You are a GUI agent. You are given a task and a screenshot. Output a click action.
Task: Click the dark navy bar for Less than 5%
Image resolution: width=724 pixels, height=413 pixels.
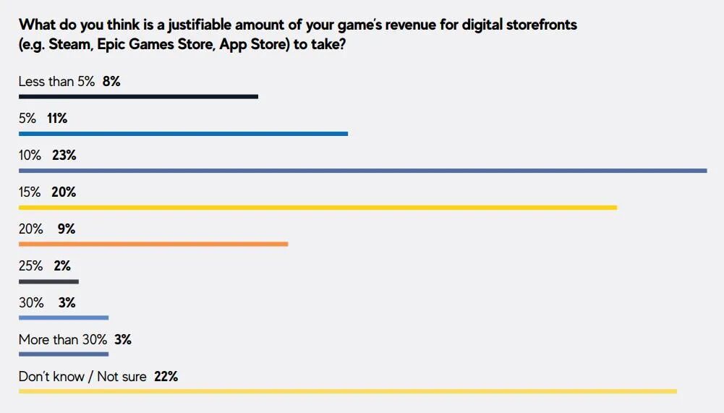(x=138, y=96)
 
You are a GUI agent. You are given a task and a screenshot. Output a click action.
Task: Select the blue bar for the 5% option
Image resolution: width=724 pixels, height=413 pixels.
(x=183, y=133)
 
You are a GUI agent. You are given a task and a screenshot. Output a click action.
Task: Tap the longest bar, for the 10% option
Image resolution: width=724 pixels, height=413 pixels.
(x=362, y=171)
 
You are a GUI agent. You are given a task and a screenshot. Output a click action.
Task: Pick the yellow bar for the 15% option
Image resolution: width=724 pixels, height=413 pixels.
(x=318, y=208)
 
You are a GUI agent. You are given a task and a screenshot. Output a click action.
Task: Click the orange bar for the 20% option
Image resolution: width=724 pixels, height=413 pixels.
(x=153, y=244)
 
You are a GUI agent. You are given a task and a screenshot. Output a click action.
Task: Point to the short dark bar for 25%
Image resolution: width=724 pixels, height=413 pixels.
(x=48, y=281)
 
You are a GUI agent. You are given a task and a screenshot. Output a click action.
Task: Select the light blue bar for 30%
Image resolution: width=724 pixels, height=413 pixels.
(x=64, y=318)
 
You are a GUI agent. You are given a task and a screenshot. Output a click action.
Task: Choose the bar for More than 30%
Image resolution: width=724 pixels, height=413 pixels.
(x=64, y=354)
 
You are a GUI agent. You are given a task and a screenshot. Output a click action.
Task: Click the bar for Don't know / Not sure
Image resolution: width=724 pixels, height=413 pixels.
(x=347, y=391)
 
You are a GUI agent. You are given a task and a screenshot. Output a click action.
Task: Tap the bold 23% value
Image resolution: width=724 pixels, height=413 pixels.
(x=64, y=156)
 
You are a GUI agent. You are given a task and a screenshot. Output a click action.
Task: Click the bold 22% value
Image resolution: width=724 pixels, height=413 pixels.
(x=166, y=377)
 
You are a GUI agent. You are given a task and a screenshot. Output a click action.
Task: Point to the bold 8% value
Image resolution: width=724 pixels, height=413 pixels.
(x=111, y=82)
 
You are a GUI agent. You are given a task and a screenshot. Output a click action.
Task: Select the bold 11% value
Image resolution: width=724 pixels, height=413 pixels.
(x=57, y=119)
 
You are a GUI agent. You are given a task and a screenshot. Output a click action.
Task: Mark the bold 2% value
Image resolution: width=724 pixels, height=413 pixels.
(x=62, y=266)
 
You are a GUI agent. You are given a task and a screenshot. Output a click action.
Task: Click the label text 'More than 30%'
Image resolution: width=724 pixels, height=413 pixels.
(x=63, y=340)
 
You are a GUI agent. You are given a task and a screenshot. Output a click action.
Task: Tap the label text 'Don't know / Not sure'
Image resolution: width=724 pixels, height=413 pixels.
(x=82, y=377)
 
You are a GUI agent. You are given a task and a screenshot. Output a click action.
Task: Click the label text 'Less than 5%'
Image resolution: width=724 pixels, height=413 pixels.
(x=56, y=82)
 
